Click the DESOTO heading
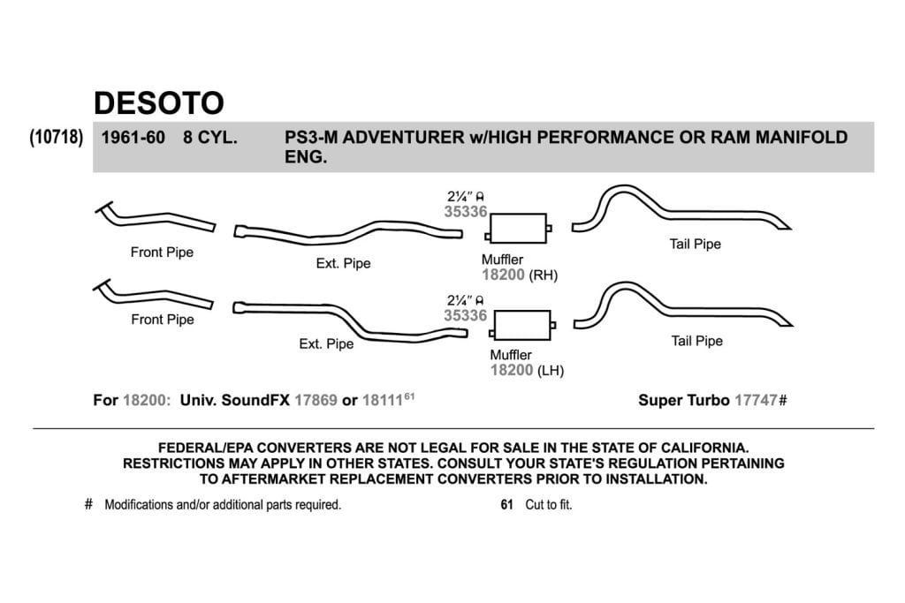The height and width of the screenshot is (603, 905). [x=159, y=103]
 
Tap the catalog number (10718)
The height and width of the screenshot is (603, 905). [x=57, y=138]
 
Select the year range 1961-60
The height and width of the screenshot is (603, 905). [x=133, y=138]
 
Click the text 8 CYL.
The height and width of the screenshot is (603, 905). [x=210, y=138]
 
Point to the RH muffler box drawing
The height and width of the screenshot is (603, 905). [x=518, y=229]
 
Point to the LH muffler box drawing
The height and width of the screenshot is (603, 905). [x=522, y=326]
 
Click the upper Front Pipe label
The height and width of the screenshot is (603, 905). [x=162, y=252]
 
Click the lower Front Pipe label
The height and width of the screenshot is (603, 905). [x=163, y=320]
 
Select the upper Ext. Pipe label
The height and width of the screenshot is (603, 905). [x=343, y=263]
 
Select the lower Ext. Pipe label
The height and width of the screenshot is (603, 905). [x=326, y=344]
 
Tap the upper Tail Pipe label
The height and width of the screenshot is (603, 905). [x=695, y=244]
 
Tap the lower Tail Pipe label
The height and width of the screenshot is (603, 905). [x=696, y=341]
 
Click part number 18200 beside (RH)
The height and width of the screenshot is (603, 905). [x=503, y=275]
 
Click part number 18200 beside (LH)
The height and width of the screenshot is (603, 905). [x=512, y=370]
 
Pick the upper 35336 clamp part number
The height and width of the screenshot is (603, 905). [x=465, y=212]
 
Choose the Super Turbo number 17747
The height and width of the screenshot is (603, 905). [x=756, y=400]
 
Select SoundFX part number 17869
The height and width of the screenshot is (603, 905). [x=316, y=400]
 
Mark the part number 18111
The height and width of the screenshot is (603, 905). [x=383, y=400]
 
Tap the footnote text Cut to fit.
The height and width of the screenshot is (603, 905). [x=548, y=504]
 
